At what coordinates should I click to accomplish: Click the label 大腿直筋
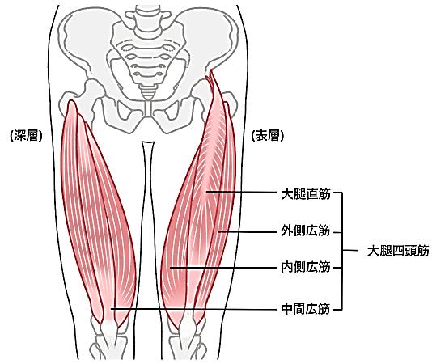coord(306,194)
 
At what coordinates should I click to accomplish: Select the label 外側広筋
coord(306,231)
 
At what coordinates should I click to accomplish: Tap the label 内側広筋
coord(306,267)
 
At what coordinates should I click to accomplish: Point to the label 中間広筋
coord(306,309)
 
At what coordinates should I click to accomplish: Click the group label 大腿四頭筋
coord(398,251)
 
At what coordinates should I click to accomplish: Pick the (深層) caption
coord(26,136)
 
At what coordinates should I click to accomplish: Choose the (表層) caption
coord(268,136)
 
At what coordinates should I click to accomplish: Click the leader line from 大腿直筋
coord(241,192)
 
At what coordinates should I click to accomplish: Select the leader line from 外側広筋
coord(247,232)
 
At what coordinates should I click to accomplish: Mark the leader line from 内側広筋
coord(223,267)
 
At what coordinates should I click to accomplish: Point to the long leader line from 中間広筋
coord(193,309)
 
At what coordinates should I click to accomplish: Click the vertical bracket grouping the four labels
coord(342,251)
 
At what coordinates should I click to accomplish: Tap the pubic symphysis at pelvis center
coord(149,108)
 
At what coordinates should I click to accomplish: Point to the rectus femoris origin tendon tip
coord(211,70)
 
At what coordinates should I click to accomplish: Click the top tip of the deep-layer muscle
coord(72,101)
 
